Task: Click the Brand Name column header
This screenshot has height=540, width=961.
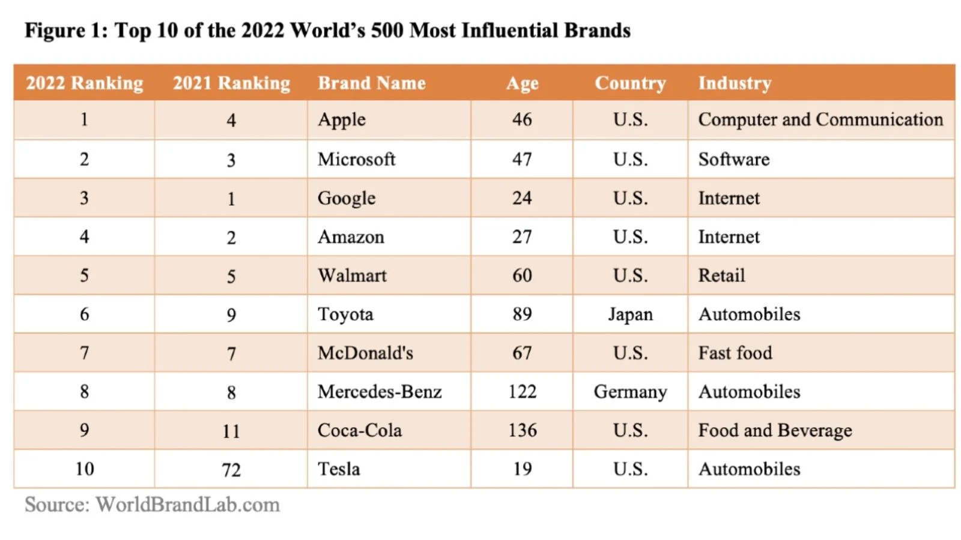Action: point(371,83)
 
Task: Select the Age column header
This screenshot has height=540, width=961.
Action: point(522,83)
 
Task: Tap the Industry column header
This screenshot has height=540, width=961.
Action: point(734,83)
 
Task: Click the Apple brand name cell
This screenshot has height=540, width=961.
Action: point(341,119)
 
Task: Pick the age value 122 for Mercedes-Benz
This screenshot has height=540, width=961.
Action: point(522,392)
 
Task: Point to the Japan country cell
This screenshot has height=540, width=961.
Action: point(630,314)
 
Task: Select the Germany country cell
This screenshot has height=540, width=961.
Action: point(630,392)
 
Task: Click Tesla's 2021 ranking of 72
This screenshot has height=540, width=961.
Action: point(231,470)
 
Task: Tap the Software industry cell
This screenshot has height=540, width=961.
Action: point(733,159)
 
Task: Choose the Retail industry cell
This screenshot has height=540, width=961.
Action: point(721,275)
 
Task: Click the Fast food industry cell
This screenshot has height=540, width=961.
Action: point(735,353)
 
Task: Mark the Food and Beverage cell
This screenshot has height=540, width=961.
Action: point(775,430)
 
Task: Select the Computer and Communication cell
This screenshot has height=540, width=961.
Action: point(820,119)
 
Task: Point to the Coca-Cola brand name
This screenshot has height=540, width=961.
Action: point(359,430)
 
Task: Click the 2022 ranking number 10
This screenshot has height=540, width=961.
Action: point(85,469)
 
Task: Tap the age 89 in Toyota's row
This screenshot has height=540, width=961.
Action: point(522,314)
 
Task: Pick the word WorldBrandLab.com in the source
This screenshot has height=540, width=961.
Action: point(187,505)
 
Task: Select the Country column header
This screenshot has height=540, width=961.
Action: point(630,83)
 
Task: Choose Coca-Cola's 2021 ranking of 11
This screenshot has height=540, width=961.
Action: point(231,431)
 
